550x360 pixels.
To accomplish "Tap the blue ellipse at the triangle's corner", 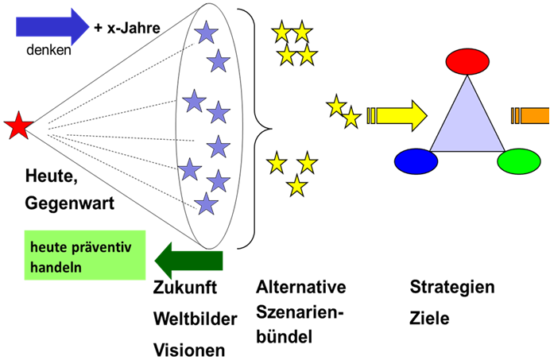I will pos(416,161).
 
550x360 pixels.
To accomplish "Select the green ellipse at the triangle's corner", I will pos(518,161).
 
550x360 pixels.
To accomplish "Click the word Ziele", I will pos(429,318).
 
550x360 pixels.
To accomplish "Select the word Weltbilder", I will pos(195,319).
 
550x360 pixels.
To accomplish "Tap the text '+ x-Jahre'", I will pos(127,28).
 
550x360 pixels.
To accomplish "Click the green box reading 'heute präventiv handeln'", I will pos(74,255).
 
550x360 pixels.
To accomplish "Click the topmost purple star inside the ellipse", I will pos(206,33).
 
